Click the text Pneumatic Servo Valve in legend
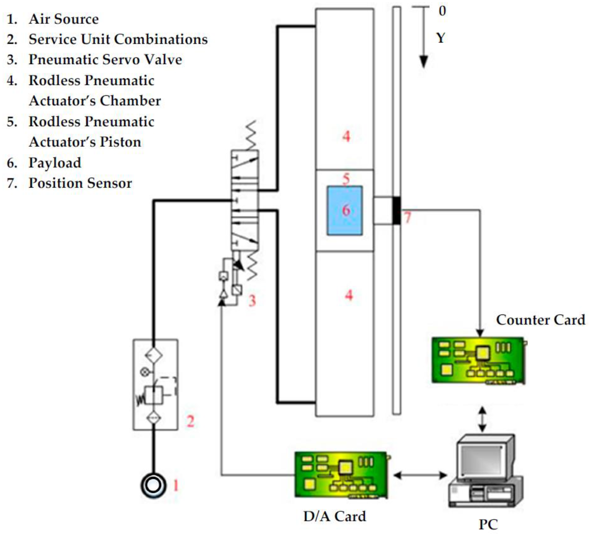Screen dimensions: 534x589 (105, 60)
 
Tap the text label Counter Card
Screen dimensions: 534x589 (541, 320)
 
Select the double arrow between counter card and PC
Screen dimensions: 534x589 (482, 419)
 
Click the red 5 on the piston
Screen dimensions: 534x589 (346, 178)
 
